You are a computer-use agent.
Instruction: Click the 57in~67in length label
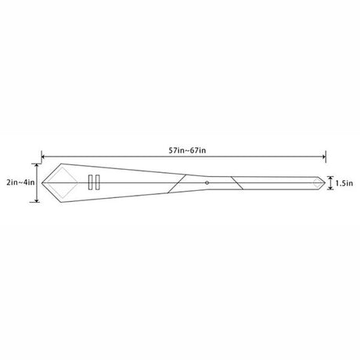click(187, 150)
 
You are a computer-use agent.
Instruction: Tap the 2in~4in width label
click(20, 182)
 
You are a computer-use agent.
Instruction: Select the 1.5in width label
click(344, 183)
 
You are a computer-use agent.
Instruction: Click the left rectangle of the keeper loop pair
click(91, 182)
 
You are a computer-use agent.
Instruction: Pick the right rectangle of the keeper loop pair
click(98, 182)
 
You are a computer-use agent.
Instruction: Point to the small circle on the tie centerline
click(207, 183)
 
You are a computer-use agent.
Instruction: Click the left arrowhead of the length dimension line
click(43, 157)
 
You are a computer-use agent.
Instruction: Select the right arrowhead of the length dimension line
click(324, 157)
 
